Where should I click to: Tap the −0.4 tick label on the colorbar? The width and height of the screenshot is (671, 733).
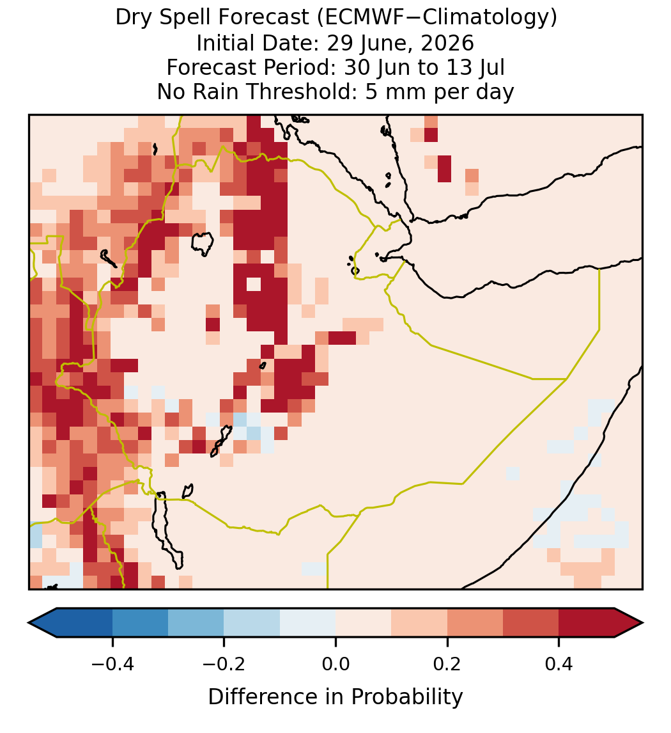112,664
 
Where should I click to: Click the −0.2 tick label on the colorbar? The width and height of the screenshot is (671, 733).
224,664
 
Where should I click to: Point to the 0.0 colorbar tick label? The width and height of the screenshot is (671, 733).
335,664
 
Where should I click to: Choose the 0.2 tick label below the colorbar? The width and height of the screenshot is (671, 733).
447,664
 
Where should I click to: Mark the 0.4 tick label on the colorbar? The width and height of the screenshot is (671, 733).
559,664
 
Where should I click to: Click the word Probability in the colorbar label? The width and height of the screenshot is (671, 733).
407,697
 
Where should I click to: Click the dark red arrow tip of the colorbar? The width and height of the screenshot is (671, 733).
642,623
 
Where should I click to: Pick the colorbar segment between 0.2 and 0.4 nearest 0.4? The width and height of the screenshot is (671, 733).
531,623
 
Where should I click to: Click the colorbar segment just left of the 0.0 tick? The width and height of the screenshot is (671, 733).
308,623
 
